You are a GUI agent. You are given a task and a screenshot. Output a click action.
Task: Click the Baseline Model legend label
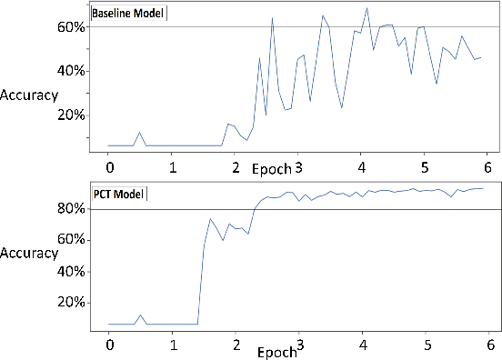coord(129,13)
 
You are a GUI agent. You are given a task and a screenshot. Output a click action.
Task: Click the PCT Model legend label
coord(117,195)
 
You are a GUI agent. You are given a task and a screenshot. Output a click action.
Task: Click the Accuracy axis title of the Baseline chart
coord(30,95)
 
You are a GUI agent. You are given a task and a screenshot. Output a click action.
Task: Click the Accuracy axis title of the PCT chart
coord(30,255)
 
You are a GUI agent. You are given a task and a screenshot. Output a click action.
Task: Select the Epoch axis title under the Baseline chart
coord(271,169)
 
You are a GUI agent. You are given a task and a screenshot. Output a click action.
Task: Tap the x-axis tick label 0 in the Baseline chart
coord(109,168)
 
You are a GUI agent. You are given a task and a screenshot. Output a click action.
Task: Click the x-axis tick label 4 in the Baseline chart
coord(362,168)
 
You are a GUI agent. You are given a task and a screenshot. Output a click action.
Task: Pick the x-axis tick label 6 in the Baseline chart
coord(488,168)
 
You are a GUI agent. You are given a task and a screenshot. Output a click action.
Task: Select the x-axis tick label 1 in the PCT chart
coord(173,346)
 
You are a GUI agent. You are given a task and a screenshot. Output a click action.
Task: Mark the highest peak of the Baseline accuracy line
coord(366,8)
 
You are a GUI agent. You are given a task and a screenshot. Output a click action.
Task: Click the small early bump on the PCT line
coord(139,315)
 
